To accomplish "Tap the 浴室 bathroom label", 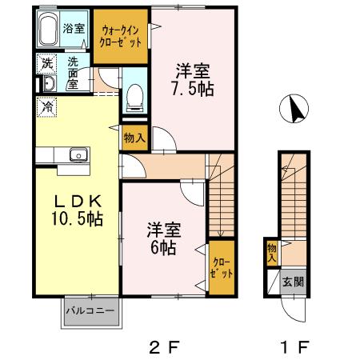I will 76,28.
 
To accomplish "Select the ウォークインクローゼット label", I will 120,37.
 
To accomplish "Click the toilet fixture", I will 135,97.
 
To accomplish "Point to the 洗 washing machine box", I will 46,63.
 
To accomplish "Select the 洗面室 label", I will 74,73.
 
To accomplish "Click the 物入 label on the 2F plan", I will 134,137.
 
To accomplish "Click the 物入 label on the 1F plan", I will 272,253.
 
